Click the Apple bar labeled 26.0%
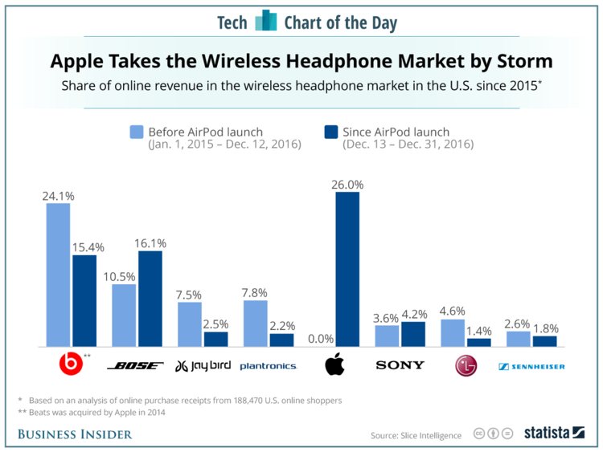347,270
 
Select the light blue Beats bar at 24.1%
58,275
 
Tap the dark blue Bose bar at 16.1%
150,299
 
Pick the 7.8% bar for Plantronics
255,324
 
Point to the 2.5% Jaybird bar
215,339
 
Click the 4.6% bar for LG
453,333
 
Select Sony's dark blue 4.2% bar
413,334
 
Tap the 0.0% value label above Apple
322,339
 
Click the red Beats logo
72,366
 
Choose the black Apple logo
334,365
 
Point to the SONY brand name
400,365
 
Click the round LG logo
466,366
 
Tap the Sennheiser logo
531,366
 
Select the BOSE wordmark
137,366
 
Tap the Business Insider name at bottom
75,434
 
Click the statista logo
554,434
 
